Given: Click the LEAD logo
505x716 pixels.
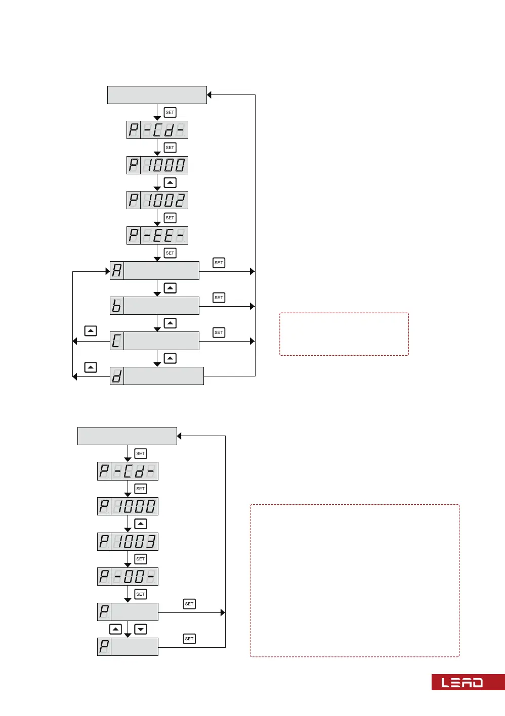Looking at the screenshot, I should pos(462,682).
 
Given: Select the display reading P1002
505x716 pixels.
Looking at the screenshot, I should pos(157,200).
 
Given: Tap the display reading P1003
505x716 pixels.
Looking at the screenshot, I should pos(128,542).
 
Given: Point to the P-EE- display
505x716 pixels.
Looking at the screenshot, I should pos(157,235).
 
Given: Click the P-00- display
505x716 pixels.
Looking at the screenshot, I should pos(128,577).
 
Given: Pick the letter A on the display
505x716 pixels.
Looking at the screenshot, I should pos(117,271).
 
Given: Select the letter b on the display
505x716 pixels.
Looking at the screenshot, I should pos(117,306).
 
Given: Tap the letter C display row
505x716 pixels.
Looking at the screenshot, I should pos(154,341).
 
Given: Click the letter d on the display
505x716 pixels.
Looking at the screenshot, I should pos(117,376).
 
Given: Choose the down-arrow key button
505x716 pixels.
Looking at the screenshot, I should pos(141,629).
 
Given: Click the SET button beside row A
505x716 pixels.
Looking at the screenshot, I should pos(219,263).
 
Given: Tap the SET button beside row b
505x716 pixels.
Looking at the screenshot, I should pos(219,298).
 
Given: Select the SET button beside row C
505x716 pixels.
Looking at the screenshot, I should pos(219,332).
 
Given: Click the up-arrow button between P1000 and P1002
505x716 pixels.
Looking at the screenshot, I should pos(170,182).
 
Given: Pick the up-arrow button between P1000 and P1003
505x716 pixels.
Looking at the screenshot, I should pos(141,524).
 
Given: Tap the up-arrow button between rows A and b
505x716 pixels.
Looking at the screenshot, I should pos(170,288).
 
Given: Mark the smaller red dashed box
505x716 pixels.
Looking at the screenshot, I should pos(344,334).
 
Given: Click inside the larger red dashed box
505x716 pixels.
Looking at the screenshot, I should pos(354,581).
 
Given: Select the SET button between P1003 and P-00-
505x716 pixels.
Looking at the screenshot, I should pos(141,559).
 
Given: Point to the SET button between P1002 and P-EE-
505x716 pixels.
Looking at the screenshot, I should pos(170,218).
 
